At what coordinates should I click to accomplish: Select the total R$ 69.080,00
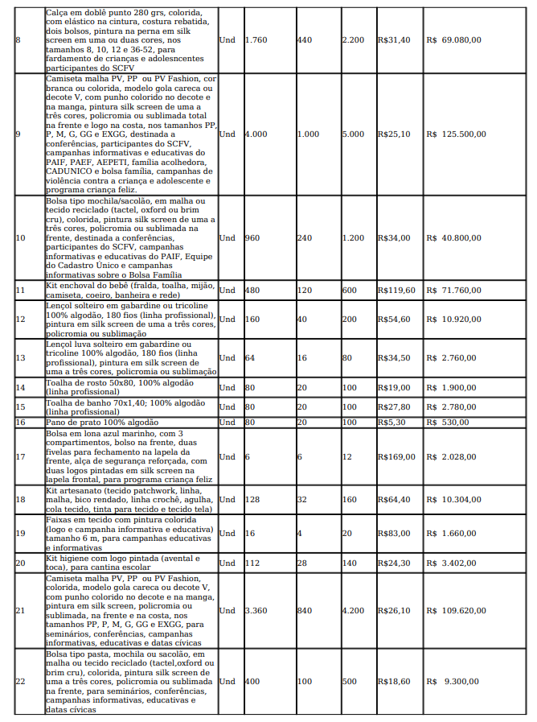455,39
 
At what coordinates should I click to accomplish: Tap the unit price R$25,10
394,134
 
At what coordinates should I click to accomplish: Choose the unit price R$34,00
394,237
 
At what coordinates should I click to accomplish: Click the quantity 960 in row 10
253,237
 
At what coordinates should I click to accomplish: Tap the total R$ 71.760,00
455,290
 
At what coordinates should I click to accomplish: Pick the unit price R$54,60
394,319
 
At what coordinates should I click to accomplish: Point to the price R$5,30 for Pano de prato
391,422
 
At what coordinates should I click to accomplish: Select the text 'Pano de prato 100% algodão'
102,422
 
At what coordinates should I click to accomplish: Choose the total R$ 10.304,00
455,499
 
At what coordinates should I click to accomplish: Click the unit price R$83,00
394,533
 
